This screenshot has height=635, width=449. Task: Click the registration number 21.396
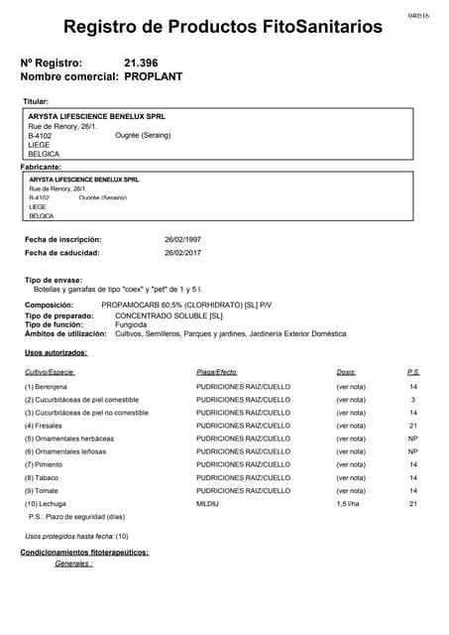click(142, 63)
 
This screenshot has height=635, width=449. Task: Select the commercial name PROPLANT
click(154, 76)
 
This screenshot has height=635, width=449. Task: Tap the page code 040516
click(418, 17)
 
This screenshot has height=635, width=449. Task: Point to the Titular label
click(36, 101)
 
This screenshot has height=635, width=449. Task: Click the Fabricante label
click(41, 167)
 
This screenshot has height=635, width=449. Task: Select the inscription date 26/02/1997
click(182, 240)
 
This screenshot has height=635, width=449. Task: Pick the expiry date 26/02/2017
click(182, 253)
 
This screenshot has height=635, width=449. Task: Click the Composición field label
click(49, 305)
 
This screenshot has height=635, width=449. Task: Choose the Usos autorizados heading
click(56, 353)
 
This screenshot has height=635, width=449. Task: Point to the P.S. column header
click(413, 372)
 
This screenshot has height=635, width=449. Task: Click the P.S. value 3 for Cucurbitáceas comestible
click(413, 399)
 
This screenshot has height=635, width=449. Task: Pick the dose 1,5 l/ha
click(348, 504)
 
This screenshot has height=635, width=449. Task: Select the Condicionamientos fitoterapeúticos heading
click(84, 552)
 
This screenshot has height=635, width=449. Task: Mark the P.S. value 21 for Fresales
click(413, 426)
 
